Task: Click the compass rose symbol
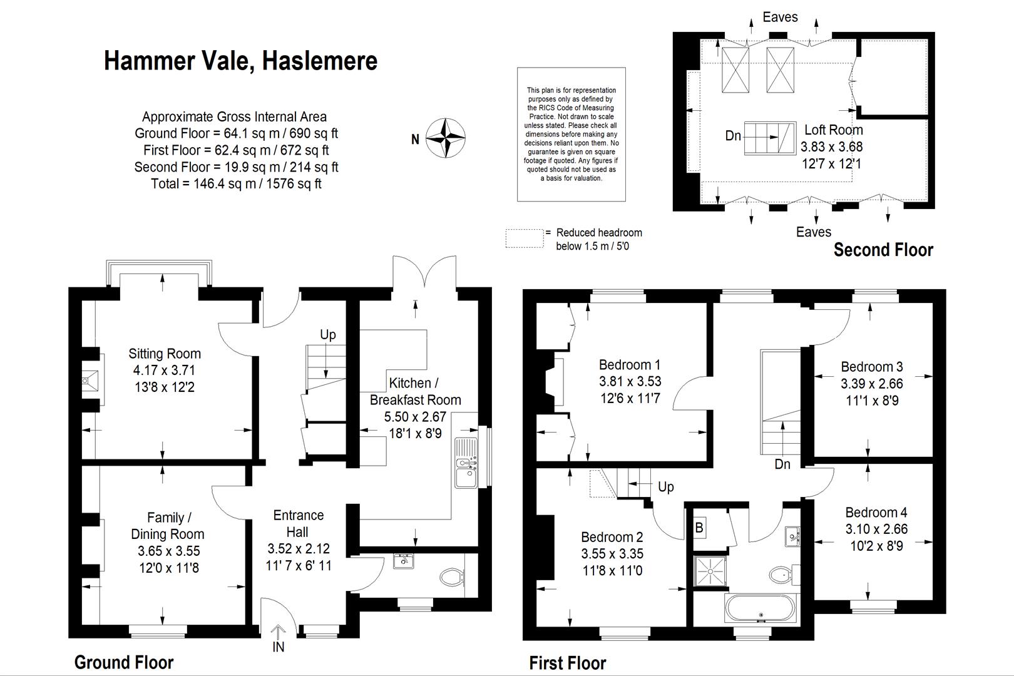tap(446, 137)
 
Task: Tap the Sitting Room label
tap(165, 354)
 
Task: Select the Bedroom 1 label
tap(630, 365)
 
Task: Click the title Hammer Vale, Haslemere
tap(240, 61)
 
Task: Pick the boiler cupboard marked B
tap(699, 528)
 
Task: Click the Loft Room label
tap(833, 130)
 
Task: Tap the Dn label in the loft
tap(733, 136)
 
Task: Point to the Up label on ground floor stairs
tap(328, 335)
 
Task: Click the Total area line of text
tap(236, 184)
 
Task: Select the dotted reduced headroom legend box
tap(525, 238)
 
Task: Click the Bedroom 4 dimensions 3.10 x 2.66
tap(876, 530)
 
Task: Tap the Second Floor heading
tap(883, 250)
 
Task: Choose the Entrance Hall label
tap(299, 523)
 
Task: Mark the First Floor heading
tap(568, 663)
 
